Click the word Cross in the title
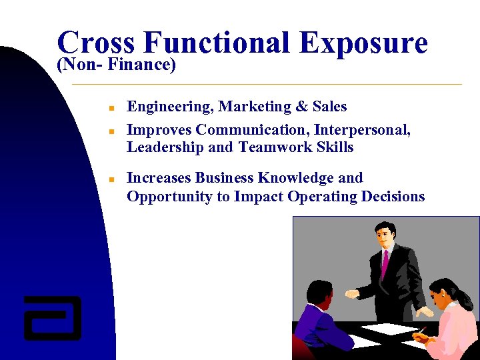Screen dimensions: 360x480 point(95,43)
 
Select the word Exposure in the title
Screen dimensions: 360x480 point(363,43)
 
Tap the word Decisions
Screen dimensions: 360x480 point(393,197)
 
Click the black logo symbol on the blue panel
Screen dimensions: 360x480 point(53,317)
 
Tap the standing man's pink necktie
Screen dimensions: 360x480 point(385,263)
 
